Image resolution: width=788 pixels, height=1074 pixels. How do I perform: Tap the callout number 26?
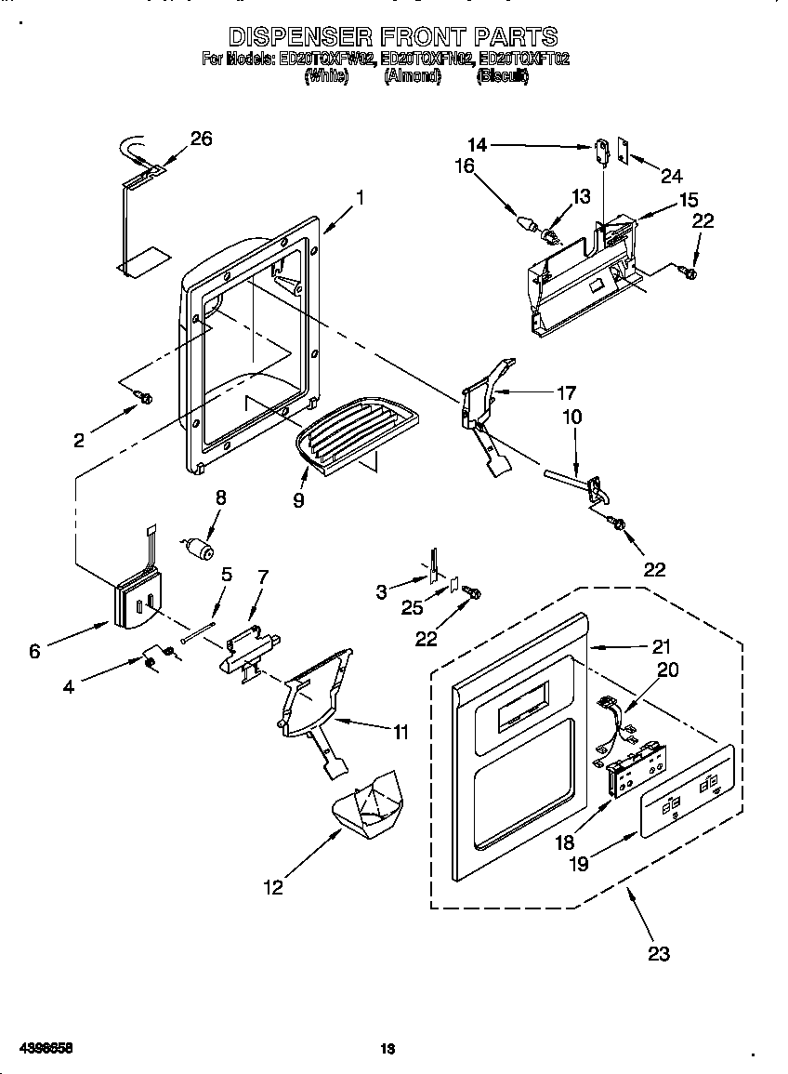point(201,139)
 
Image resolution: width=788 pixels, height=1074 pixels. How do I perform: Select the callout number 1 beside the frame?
point(360,197)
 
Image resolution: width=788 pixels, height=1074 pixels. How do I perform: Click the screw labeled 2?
point(144,398)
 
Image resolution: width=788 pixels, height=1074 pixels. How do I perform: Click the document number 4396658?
point(38,1048)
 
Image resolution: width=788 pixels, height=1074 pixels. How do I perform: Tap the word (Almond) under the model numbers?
point(413,77)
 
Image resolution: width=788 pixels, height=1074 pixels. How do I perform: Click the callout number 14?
point(477,145)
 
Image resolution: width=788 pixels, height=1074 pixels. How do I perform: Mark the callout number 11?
point(400,732)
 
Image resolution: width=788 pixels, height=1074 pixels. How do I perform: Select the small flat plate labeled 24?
point(624,152)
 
